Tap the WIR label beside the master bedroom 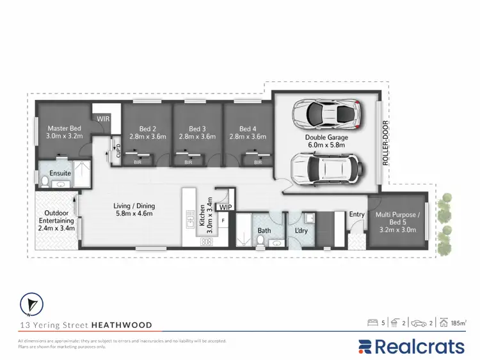click(103, 119)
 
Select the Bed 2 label click(148, 132)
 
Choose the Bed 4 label click(247, 132)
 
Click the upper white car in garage click(326, 114)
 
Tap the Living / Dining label click(134, 210)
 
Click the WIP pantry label click(225, 208)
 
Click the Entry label click(356, 215)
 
